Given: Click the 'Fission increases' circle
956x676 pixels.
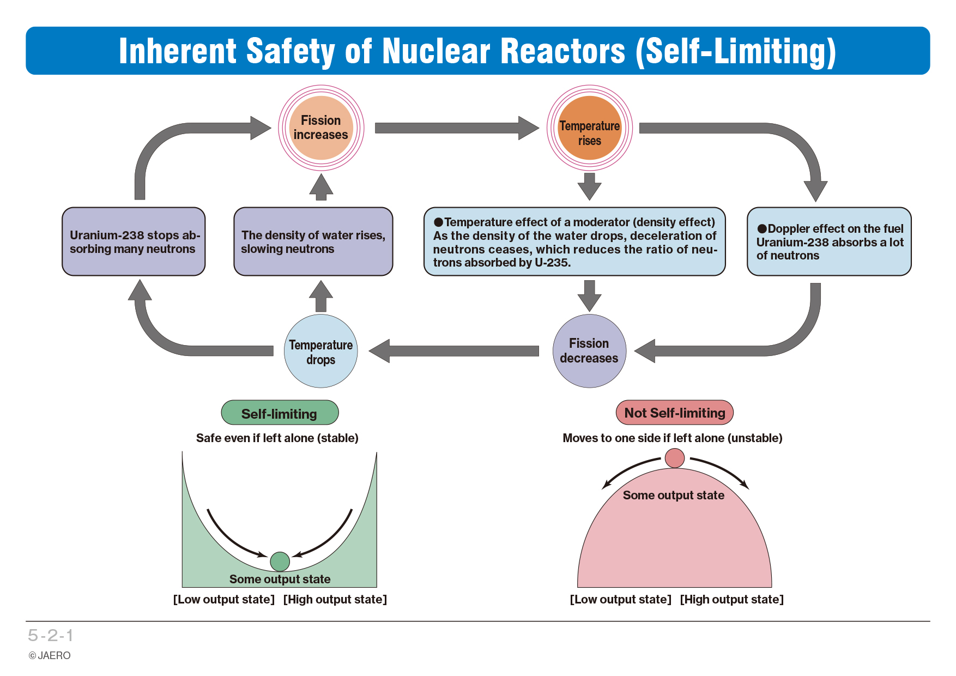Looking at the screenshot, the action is (321, 128).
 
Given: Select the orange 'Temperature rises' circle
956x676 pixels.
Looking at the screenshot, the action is (589, 128).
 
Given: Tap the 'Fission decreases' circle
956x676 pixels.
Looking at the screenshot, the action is (589, 351).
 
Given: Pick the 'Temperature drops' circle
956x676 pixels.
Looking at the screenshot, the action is (321, 351).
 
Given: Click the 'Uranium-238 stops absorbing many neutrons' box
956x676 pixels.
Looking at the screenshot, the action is (134, 242).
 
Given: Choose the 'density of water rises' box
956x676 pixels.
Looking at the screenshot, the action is (313, 242).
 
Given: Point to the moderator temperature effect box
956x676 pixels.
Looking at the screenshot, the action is (574, 242).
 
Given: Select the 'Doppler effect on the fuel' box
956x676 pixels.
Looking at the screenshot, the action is (829, 242).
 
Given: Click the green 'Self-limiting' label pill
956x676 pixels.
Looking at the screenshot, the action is (280, 413).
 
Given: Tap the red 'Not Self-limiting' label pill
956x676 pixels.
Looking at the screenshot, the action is (675, 413).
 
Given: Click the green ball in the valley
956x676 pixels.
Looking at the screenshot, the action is (280, 561).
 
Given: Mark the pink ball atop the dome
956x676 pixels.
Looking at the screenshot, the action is (675, 458).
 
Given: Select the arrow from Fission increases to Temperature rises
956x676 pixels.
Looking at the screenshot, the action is (457, 128).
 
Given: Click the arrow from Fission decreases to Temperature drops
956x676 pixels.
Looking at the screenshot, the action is (454, 351).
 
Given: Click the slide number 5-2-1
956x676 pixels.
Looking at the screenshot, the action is (51, 635).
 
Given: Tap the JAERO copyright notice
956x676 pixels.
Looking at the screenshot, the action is (50, 655).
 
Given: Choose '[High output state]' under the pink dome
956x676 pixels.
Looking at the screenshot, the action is (731, 599).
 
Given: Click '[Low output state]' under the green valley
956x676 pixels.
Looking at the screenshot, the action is (224, 599).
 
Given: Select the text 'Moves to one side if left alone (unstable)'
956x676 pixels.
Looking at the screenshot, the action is (672, 438).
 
